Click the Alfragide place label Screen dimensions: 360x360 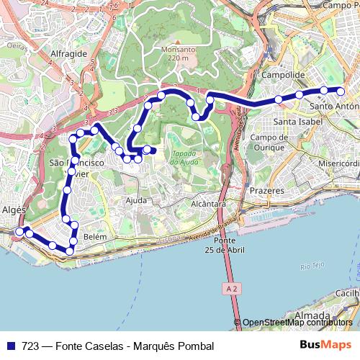[x=69, y=54]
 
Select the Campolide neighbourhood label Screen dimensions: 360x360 [x=285, y=75]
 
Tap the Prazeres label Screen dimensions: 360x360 [x=267, y=191]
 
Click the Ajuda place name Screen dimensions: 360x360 [x=136, y=200]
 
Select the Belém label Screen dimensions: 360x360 [x=95, y=236]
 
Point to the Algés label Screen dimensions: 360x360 [x=14, y=210]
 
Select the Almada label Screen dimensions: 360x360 [x=313, y=315]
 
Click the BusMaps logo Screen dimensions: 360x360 [x=325, y=346]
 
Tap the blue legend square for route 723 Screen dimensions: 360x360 [x=11, y=346]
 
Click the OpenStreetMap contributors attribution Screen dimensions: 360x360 [x=297, y=323]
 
